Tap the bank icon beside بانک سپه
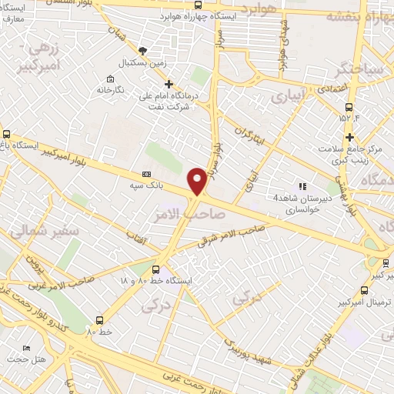147,174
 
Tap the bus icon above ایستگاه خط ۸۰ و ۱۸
156,269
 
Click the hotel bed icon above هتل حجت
28,348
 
